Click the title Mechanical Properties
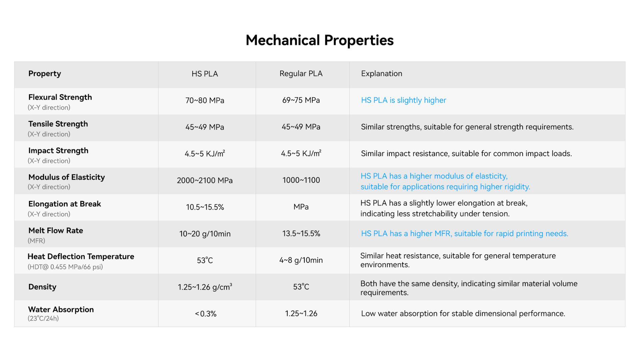[x=320, y=40]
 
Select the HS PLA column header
[x=205, y=74]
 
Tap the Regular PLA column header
[x=301, y=74]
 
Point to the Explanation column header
[x=382, y=74]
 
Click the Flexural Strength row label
[x=60, y=97]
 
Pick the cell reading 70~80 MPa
[x=205, y=100]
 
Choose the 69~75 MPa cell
[x=301, y=100]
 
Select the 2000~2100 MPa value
[x=205, y=180]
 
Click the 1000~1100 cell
[x=301, y=180]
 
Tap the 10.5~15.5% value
[x=205, y=207]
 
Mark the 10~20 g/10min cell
[x=205, y=234]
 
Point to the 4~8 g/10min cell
[x=301, y=260]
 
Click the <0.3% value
[x=206, y=314]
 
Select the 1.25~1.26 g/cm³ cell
[x=205, y=287]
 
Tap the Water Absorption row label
[x=61, y=310]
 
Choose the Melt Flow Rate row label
[x=56, y=231]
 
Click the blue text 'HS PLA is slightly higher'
[x=403, y=100]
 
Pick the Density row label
[x=42, y=287]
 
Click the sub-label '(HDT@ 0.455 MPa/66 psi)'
[x=65, y=267]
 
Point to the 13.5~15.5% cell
[x=301, y=234]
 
